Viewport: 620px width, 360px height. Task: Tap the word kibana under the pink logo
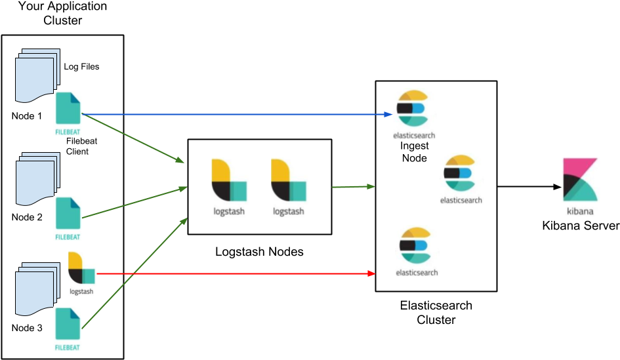pyautogui.click(x=581, y=211)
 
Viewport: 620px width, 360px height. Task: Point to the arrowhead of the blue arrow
pyautogui.click(x=388, y=114)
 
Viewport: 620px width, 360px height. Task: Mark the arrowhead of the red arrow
pyautogui.click(x=371, y=273)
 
